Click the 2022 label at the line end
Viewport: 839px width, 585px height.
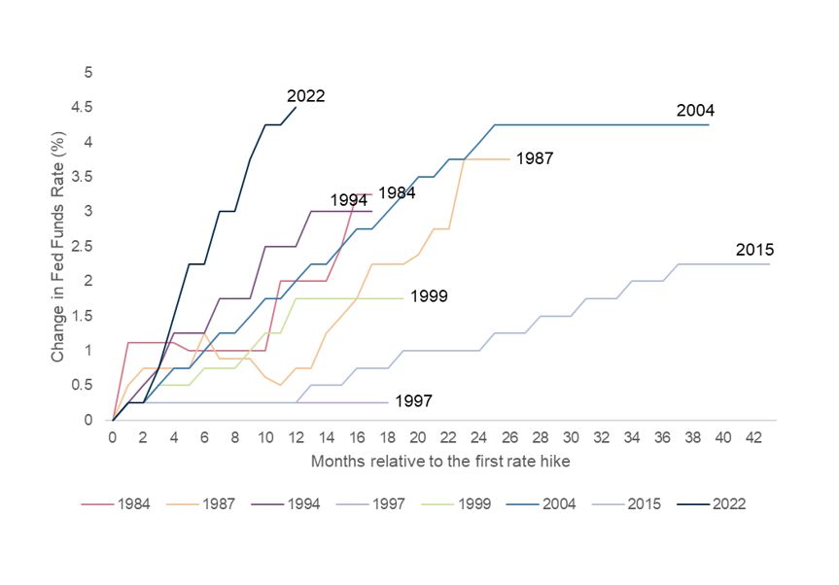(x=305, y=96)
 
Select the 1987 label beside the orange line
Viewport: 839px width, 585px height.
(x=535, y=157)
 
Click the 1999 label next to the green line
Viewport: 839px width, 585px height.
(x=429, y=295)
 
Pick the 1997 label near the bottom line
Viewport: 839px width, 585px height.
(x=413, y=400)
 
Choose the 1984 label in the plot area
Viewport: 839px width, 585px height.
(x=397, y=192)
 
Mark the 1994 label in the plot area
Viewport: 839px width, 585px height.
(x=348, y=199)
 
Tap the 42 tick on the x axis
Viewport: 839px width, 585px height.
(x=753, y=438)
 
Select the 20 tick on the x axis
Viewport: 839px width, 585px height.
(x=418, y=438)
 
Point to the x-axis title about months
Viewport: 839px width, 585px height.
(x=439, y=462)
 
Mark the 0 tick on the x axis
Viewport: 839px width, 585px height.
(x=113, y=438)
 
